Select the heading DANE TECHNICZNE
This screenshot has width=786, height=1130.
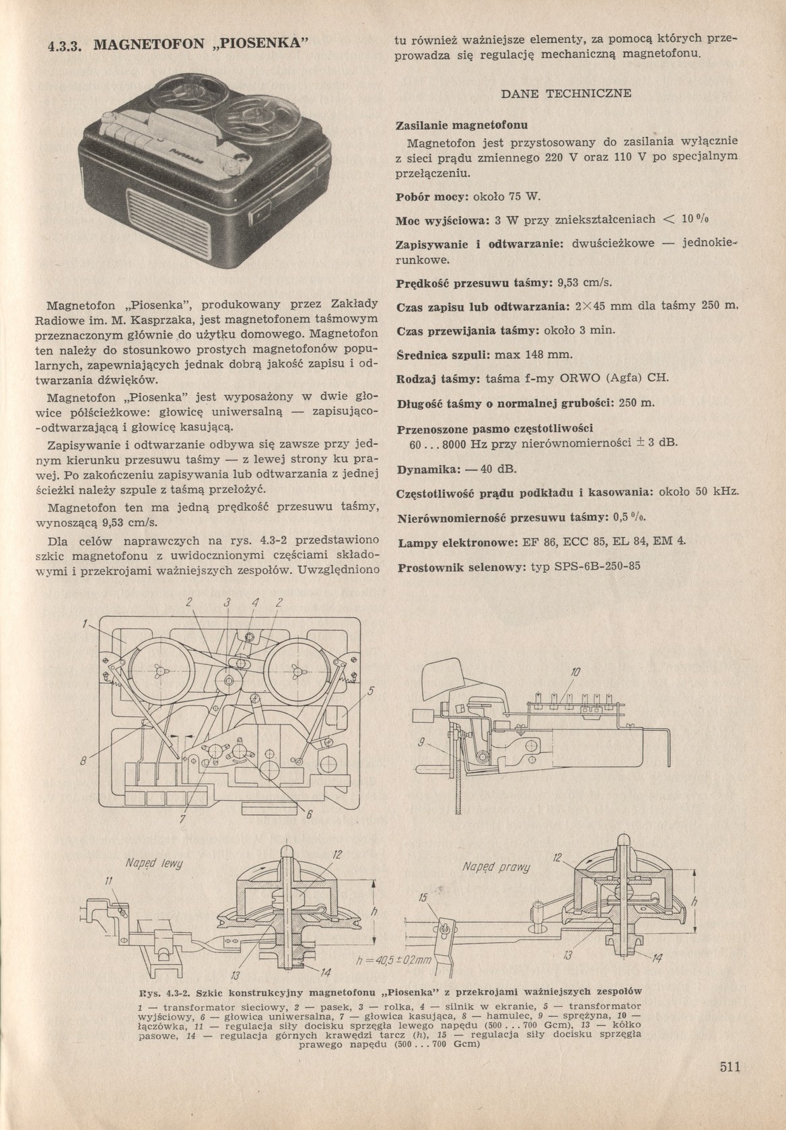tap(567, 94)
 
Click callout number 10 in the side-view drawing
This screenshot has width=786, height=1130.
tap(575, 672)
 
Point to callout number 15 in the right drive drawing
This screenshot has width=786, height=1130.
tap(422, 897)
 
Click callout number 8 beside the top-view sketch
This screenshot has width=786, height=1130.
tap(84, 762)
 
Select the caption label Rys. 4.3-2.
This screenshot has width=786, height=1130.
tap(164, 991)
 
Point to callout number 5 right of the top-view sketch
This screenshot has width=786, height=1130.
tap(370, 691)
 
